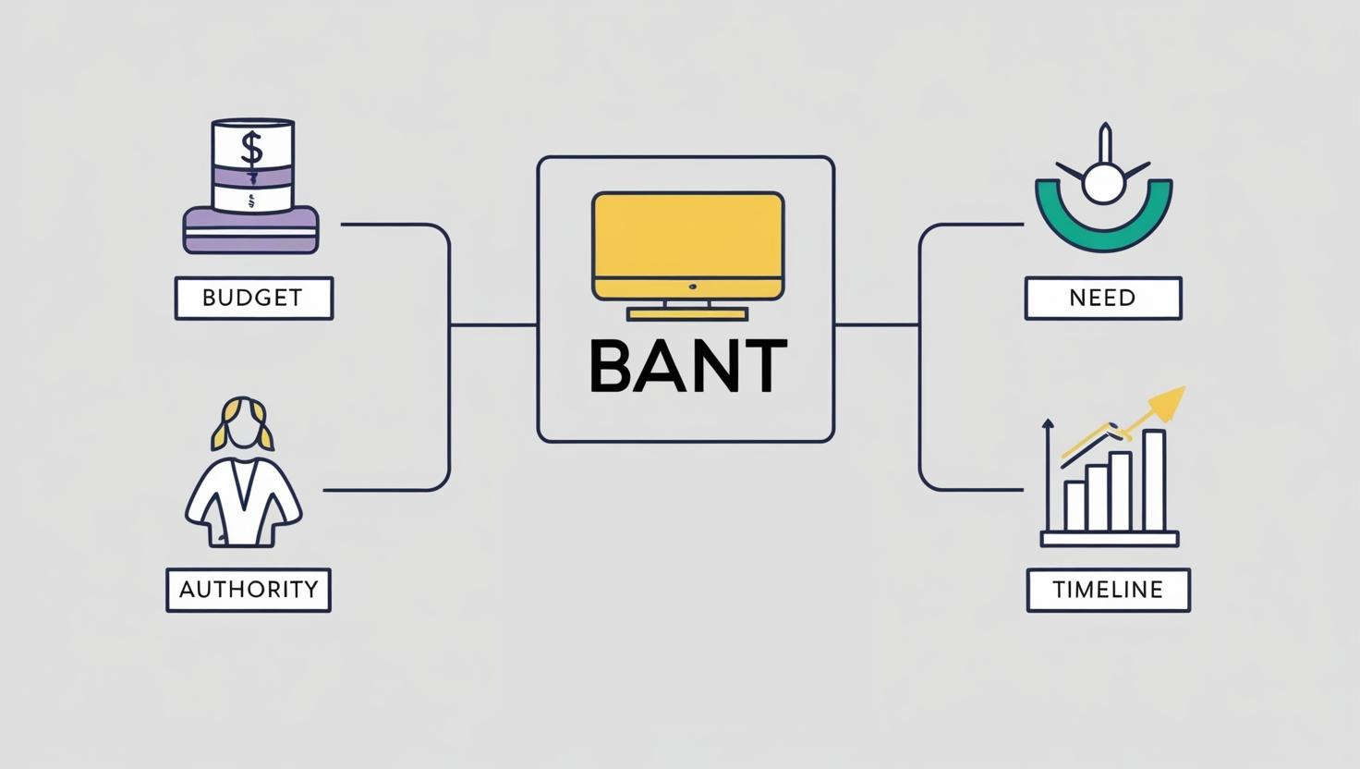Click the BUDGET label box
pyautogui.click(x=253, y=298)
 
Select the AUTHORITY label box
pyautogui.click(x=249, y=590)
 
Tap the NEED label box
pyautogui.click(x=1102, y=298)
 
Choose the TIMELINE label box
pyautogui.click(x=1108, y=590)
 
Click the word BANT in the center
pyautogui.click(x=687, y=366)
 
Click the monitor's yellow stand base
pyautogui.click(x=686, y=314)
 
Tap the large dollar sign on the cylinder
pyautogui.click(x=251, y=146)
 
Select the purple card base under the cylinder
pyautogui.click(x=251, y=232)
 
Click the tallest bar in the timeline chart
pyautogui.click(x=1153, y=481)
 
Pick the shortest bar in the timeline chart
pyautogui.click(x=1075, y=506)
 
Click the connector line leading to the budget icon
pyautogui.click(x=388, y=224)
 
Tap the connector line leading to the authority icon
pyautogui.click(x=379, y=490)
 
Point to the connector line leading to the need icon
pyautogui.click(x=970, y=224)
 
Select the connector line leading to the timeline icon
pyautogui.click(x=970, y=490)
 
